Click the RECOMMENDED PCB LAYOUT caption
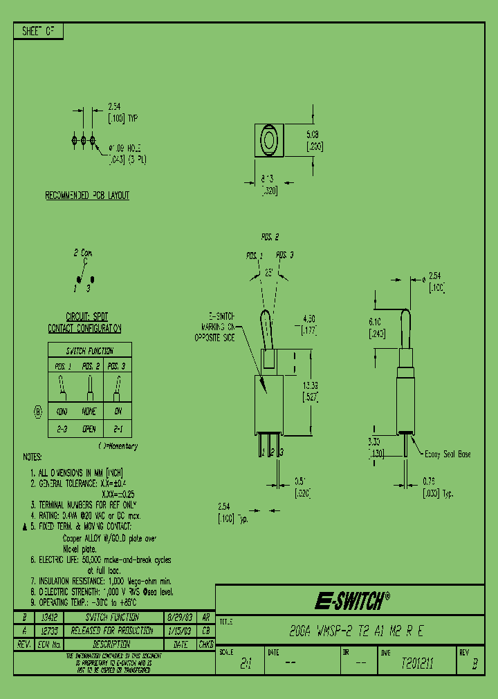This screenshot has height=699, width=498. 87,195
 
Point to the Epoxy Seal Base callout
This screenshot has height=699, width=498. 447,454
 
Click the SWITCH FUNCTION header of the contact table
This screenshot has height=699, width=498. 89,351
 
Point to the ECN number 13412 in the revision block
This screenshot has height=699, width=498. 48,617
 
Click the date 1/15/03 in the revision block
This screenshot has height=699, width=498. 180,631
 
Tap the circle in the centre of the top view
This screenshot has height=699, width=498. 268,140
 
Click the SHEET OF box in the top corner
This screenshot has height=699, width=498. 38,32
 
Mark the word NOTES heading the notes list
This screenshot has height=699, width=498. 32,457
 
